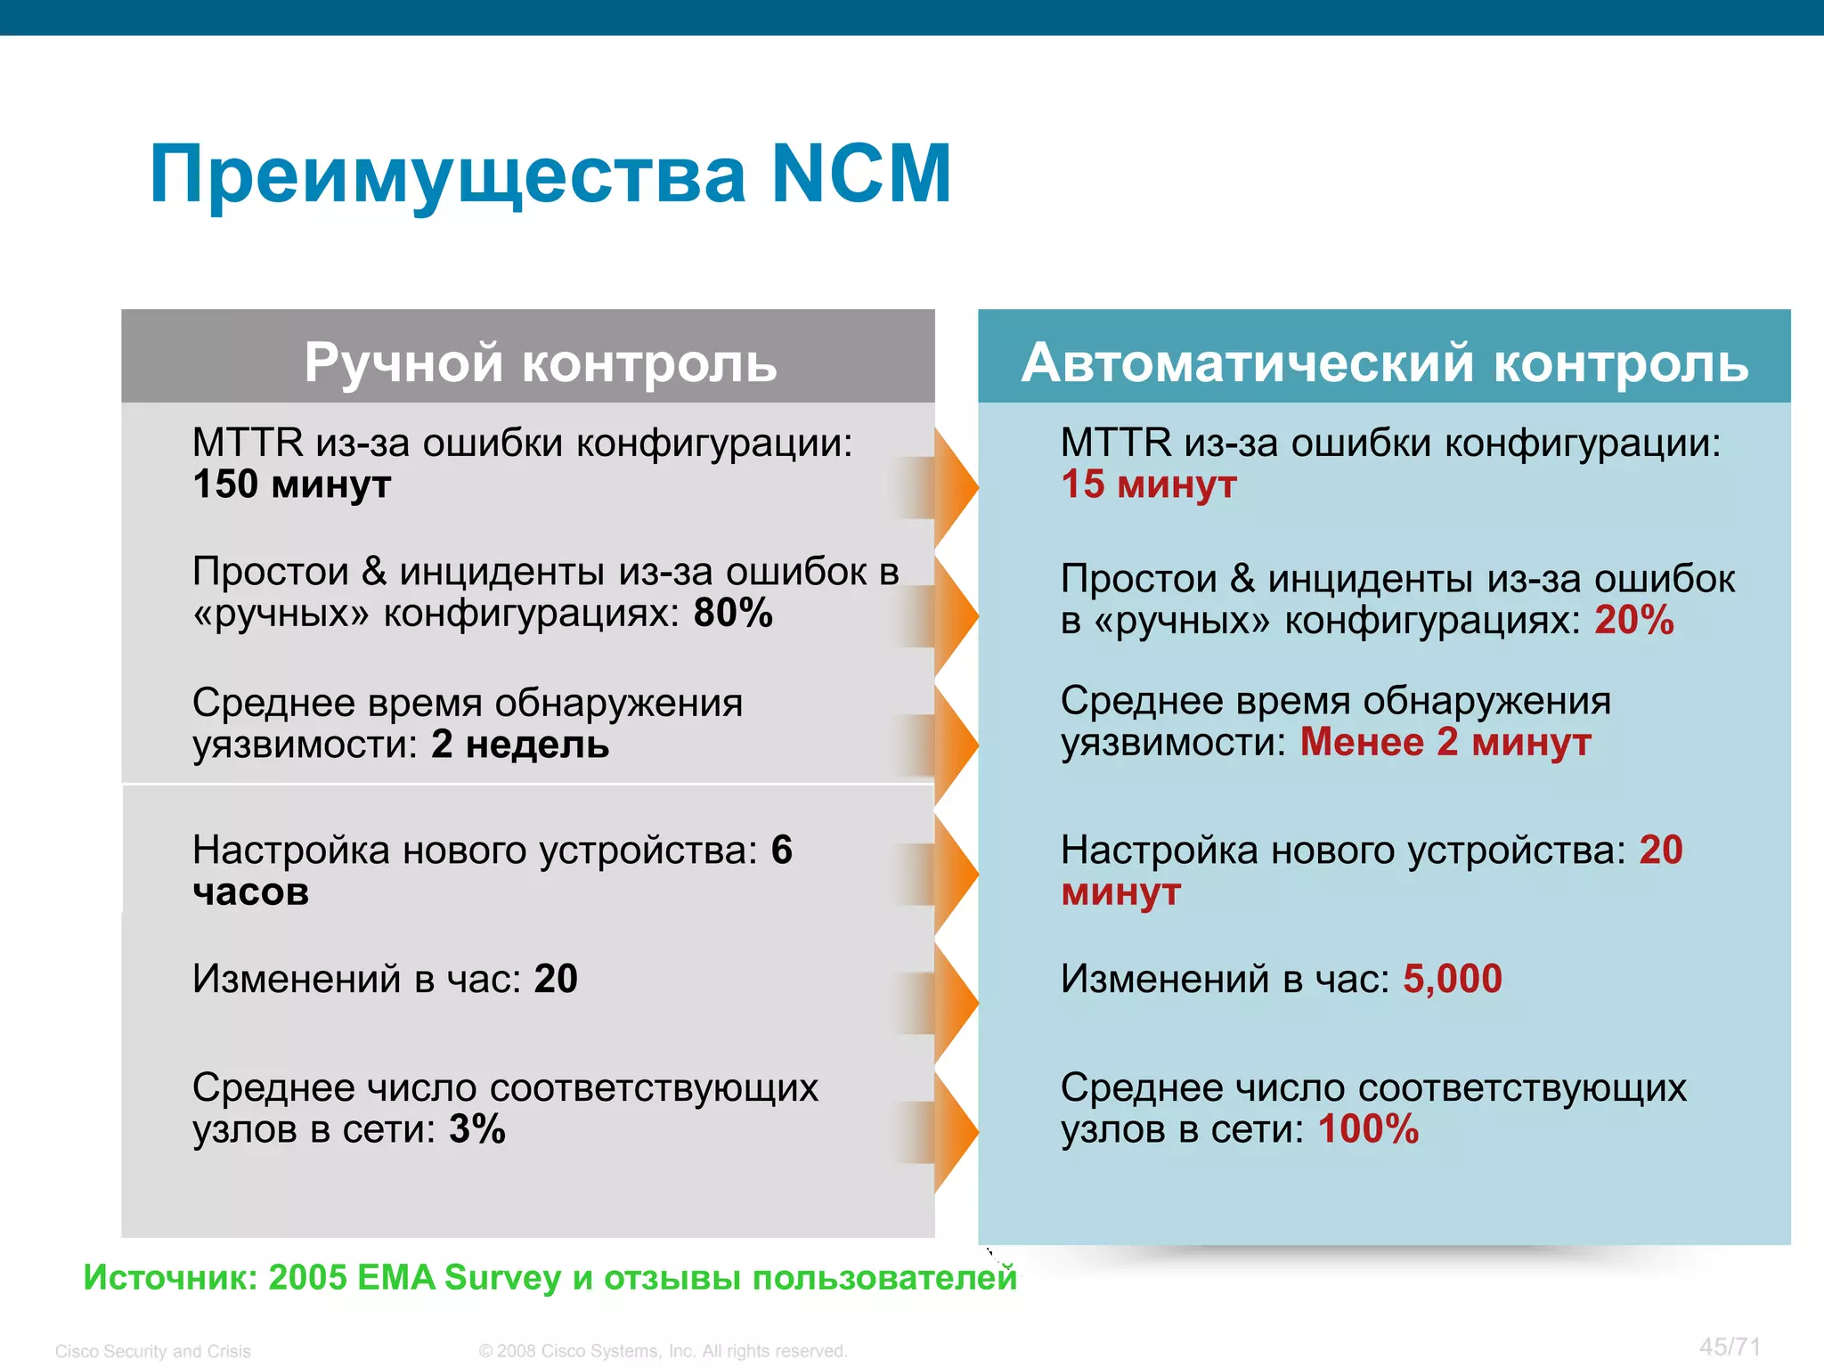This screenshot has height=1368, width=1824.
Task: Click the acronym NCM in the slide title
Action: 860,175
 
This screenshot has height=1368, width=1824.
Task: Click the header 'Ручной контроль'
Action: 540,362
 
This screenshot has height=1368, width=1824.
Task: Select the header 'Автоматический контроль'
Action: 1384,362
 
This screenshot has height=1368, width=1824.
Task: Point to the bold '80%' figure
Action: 733,614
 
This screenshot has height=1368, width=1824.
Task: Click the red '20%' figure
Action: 1633,621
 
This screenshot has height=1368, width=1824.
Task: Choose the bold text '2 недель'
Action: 520,745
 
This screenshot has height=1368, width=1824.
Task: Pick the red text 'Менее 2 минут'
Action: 1445,743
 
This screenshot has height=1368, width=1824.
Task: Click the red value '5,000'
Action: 1452,979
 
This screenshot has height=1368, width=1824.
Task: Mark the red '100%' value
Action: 1368,1129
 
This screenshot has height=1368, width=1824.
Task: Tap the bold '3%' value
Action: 477,1129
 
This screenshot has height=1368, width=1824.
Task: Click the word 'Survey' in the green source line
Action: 502,1278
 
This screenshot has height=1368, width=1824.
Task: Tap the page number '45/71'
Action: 1730,1347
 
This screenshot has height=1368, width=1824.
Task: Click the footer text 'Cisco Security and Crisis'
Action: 153,1351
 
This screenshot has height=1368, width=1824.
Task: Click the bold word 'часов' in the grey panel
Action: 251,892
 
